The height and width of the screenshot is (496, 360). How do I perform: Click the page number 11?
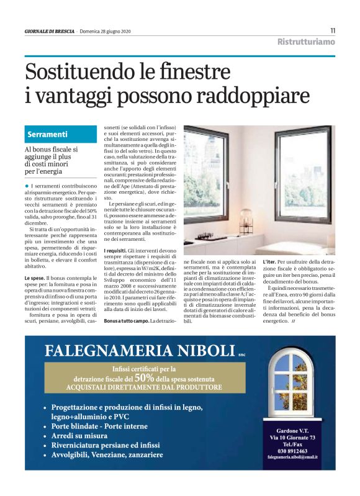tap(333, 30)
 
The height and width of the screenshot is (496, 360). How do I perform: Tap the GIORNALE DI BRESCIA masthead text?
tap(49, 31)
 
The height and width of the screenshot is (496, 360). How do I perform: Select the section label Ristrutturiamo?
tap(306, 42)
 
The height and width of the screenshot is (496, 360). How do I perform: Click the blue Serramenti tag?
tap(47, 134)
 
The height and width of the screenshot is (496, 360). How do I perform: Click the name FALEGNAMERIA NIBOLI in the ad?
tap(140, 350)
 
